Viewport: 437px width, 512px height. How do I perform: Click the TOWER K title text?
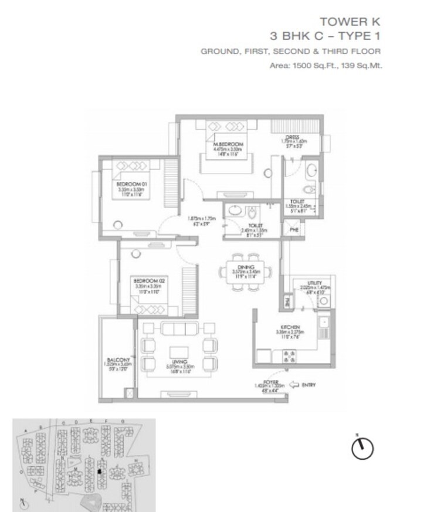point(350,22)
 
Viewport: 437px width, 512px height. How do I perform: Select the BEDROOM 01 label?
point(131,184)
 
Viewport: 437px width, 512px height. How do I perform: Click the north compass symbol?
point(362,449)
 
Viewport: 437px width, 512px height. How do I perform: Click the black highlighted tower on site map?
point(99,470)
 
